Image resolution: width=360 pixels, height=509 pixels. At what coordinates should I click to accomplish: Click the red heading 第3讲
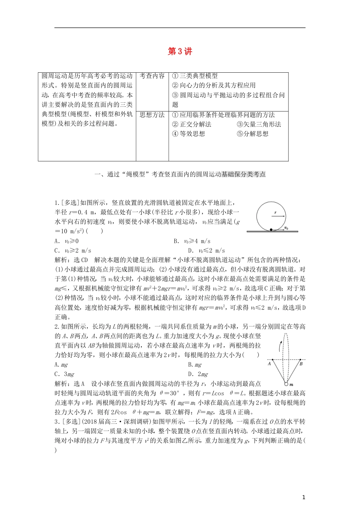(180, 52)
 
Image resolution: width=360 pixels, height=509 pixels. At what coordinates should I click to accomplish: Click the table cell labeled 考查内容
(152, 76)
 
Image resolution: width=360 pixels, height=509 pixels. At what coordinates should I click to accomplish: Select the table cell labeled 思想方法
(152, 115)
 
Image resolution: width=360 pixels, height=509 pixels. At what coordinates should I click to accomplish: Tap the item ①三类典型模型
(195, 76)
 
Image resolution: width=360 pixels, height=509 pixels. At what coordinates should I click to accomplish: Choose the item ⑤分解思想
(252, 134)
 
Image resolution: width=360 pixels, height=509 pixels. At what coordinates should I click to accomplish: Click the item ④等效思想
(188, 134)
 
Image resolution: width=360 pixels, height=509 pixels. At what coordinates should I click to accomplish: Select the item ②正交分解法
(191, 124)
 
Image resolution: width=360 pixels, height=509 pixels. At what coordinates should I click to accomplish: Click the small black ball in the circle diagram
(271, 229)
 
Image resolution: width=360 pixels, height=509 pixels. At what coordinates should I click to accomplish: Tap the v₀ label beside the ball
(286, 228)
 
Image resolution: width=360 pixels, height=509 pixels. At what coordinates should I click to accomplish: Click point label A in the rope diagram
(269, 364)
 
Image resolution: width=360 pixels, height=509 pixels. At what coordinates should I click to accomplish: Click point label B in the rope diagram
(301, 364)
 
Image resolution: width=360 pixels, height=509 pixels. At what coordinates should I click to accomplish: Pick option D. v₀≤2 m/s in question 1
(206, 251)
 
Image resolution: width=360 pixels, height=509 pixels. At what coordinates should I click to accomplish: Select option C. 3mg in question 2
(64, 374)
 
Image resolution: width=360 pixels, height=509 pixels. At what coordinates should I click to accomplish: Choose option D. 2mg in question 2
(198, 374)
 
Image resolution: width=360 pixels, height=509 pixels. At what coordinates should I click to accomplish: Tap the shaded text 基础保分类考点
(243, 175)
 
